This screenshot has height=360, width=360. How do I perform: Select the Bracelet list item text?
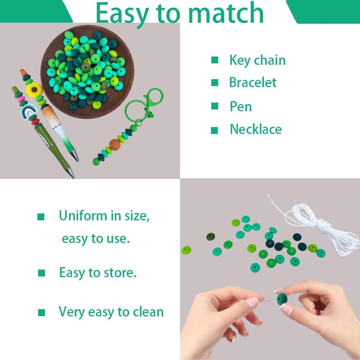[x=253, y=82]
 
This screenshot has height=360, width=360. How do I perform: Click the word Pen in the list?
[x=241, y=107]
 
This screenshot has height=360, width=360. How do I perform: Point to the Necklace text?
[x=256, y=129]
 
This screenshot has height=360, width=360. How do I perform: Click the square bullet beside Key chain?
[x=215, y=60]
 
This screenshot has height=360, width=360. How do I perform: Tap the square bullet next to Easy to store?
[x=41, y=273]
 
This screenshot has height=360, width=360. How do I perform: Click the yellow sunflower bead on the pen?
[x=34, y=90]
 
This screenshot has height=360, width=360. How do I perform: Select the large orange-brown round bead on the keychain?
[x=115, y=145]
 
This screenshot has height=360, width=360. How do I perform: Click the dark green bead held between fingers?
[x=282, y=299]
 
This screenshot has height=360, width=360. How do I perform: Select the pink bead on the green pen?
[x=21, y=99]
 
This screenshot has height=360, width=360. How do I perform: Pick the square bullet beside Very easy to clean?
[x=41, y=312]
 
